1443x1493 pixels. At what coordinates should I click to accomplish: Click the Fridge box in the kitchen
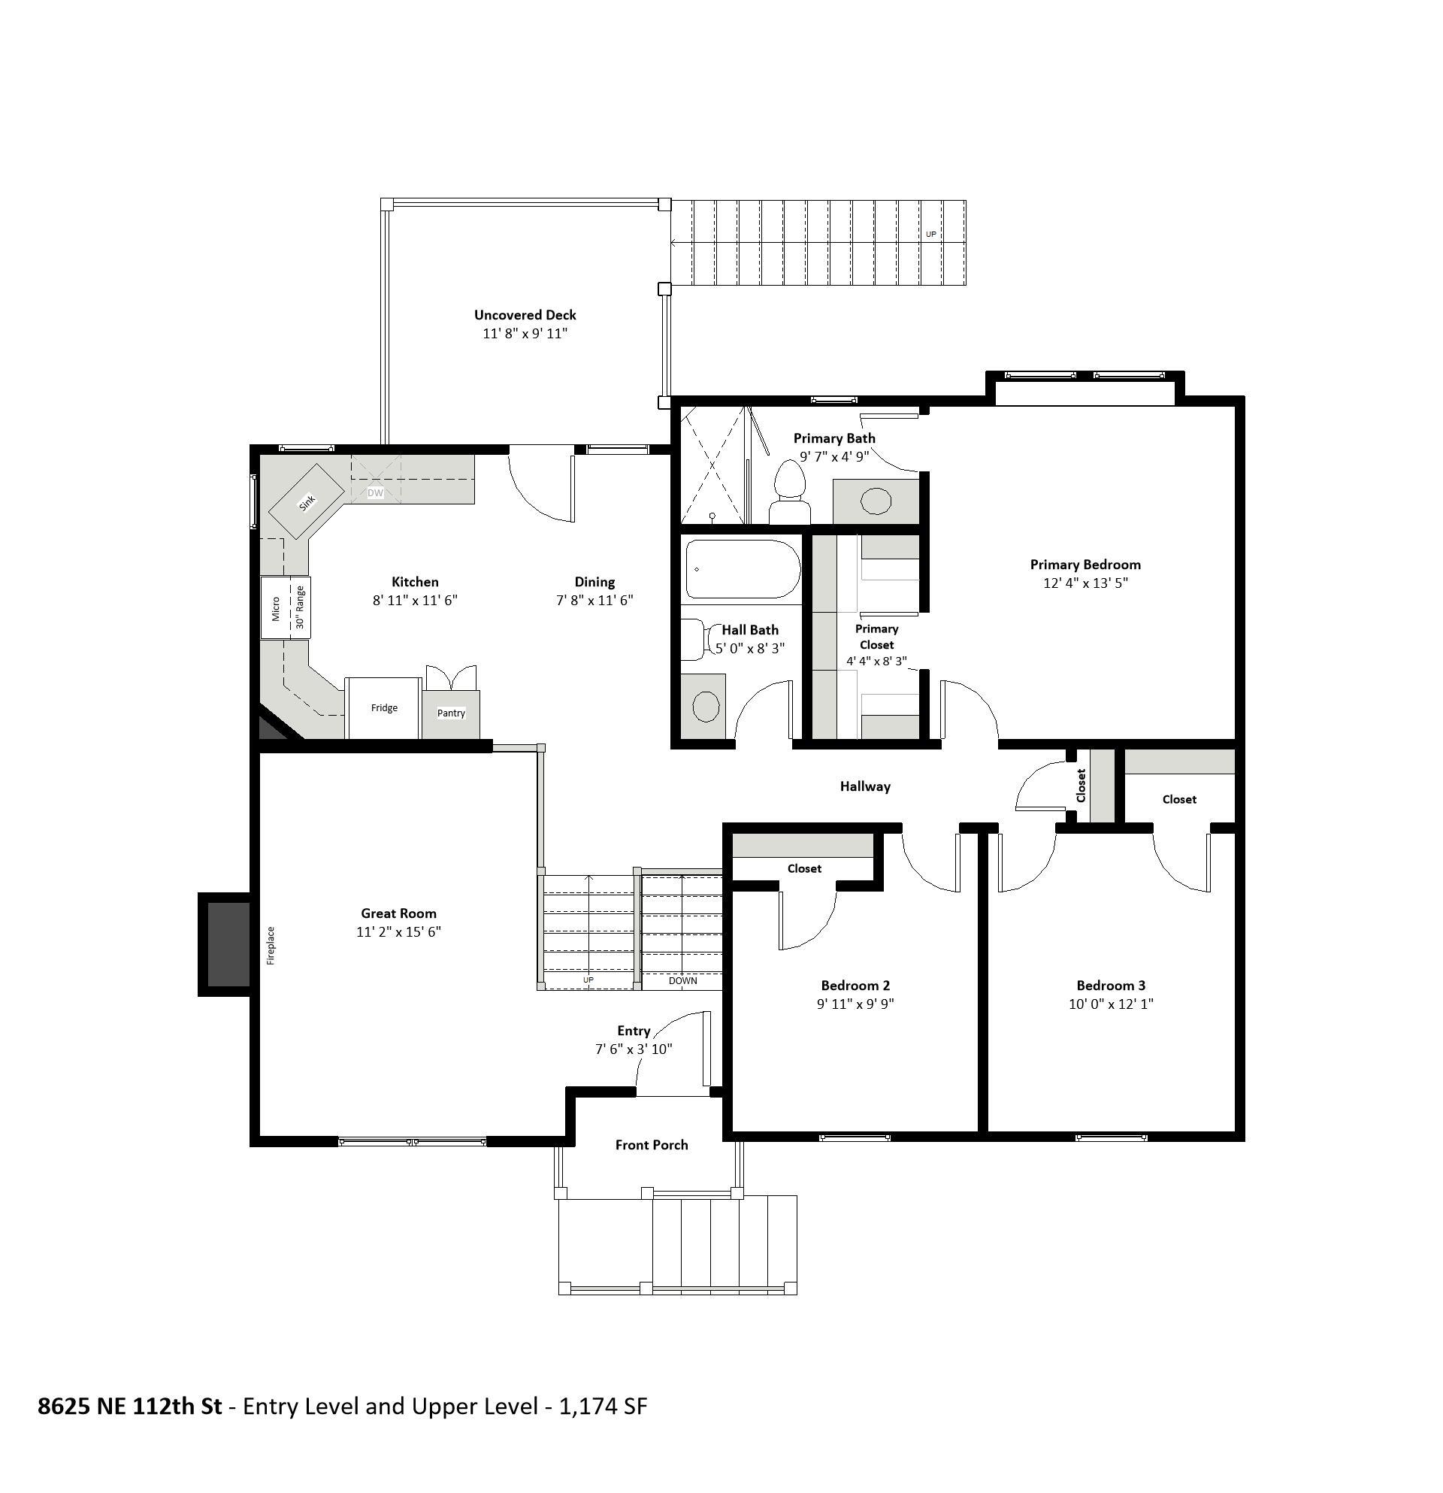pos(384,707)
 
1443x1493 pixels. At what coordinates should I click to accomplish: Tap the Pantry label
pos(451,713)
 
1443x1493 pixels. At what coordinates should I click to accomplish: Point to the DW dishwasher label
pos(376,493)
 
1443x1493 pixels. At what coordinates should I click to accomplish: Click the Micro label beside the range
pos(276,609)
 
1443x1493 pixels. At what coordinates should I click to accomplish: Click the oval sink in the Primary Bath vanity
pos(876,501)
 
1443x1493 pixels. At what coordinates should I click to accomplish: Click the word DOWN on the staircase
pos(682,980)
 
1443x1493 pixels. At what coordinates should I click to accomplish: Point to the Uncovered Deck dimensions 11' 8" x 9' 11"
pos(525,334)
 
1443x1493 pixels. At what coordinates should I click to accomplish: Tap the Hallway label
pos(865,786)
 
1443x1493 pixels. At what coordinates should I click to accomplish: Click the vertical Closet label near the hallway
pos(1081,786)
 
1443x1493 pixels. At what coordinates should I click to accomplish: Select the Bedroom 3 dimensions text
pos(1110,1004)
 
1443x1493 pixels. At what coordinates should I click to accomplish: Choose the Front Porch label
pos(651,1145)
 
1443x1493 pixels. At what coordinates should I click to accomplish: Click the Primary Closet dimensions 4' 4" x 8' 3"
pos(876,662)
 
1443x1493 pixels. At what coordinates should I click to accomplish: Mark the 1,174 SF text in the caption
pos(602,1406)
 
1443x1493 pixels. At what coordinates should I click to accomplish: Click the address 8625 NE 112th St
pos(129,1406)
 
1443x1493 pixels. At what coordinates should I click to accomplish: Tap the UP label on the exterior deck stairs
pos(930,235)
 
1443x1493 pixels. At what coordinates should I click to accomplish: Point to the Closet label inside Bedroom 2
pos(804,868)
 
